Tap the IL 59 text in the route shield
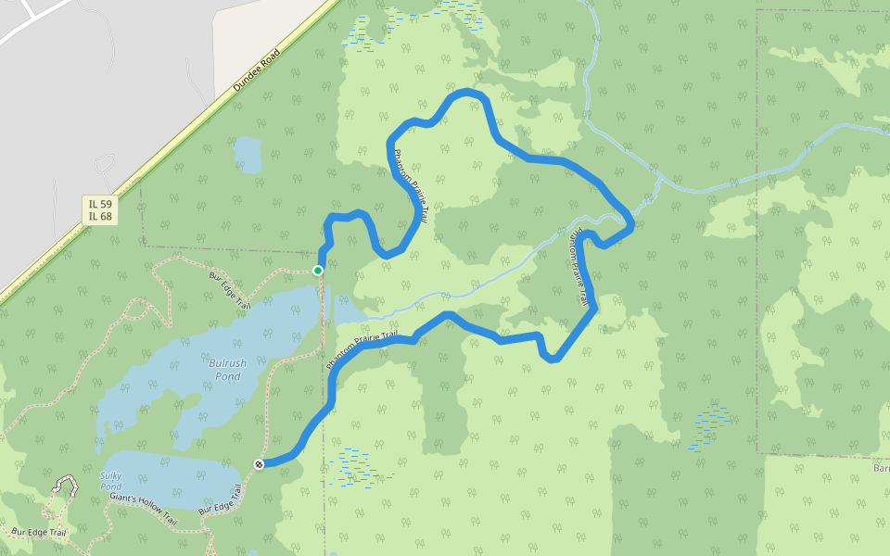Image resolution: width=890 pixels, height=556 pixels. [x=100, y=204]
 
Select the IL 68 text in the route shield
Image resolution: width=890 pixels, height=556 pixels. [x=100, y=217]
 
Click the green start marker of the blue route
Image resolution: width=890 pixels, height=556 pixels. [x=318, y=270]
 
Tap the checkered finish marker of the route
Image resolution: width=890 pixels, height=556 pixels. [x=259, y=464]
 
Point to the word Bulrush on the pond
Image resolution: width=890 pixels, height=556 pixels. [x=228, y=363]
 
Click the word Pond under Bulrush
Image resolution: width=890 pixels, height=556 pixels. [x=228, y=376]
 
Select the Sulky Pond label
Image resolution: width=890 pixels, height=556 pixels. [x=110, y=481]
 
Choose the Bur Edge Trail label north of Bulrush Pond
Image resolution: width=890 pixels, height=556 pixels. [x=230, y=289]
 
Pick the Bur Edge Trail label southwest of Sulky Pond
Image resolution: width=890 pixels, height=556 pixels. [x=40, y=533]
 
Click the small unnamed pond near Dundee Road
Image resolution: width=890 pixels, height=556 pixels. [x=248, y=154]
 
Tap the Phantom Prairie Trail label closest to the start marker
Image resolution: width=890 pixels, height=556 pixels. [x=410, y=185]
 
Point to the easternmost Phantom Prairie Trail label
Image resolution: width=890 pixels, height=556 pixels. [x=578, y=268]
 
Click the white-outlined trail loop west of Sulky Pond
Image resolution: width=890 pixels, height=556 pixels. [x=66, y=486]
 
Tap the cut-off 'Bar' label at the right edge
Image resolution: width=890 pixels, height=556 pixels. [x=881, y=468]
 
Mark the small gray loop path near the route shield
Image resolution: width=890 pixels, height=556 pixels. [x=103, y=166]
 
